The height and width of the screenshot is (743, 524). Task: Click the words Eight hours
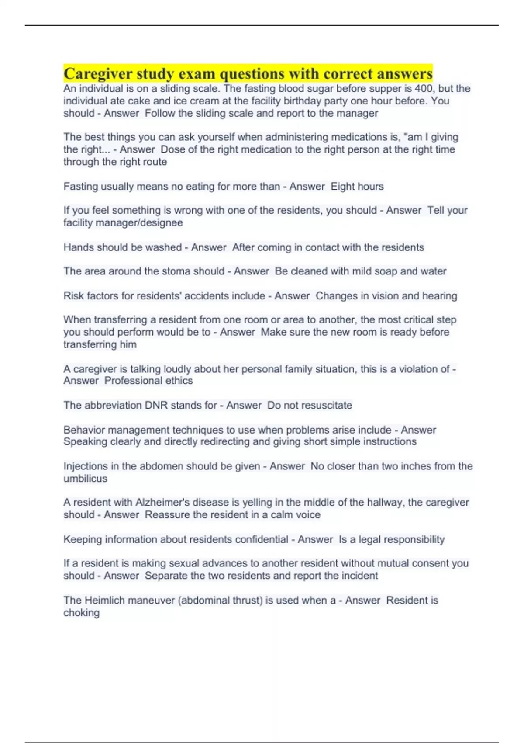point(357,187)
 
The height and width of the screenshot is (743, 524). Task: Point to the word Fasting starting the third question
point(81,187)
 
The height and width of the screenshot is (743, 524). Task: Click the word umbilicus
point(85,479)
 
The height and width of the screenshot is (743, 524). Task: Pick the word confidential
point(262,539)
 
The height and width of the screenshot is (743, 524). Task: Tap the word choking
point(81,613)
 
